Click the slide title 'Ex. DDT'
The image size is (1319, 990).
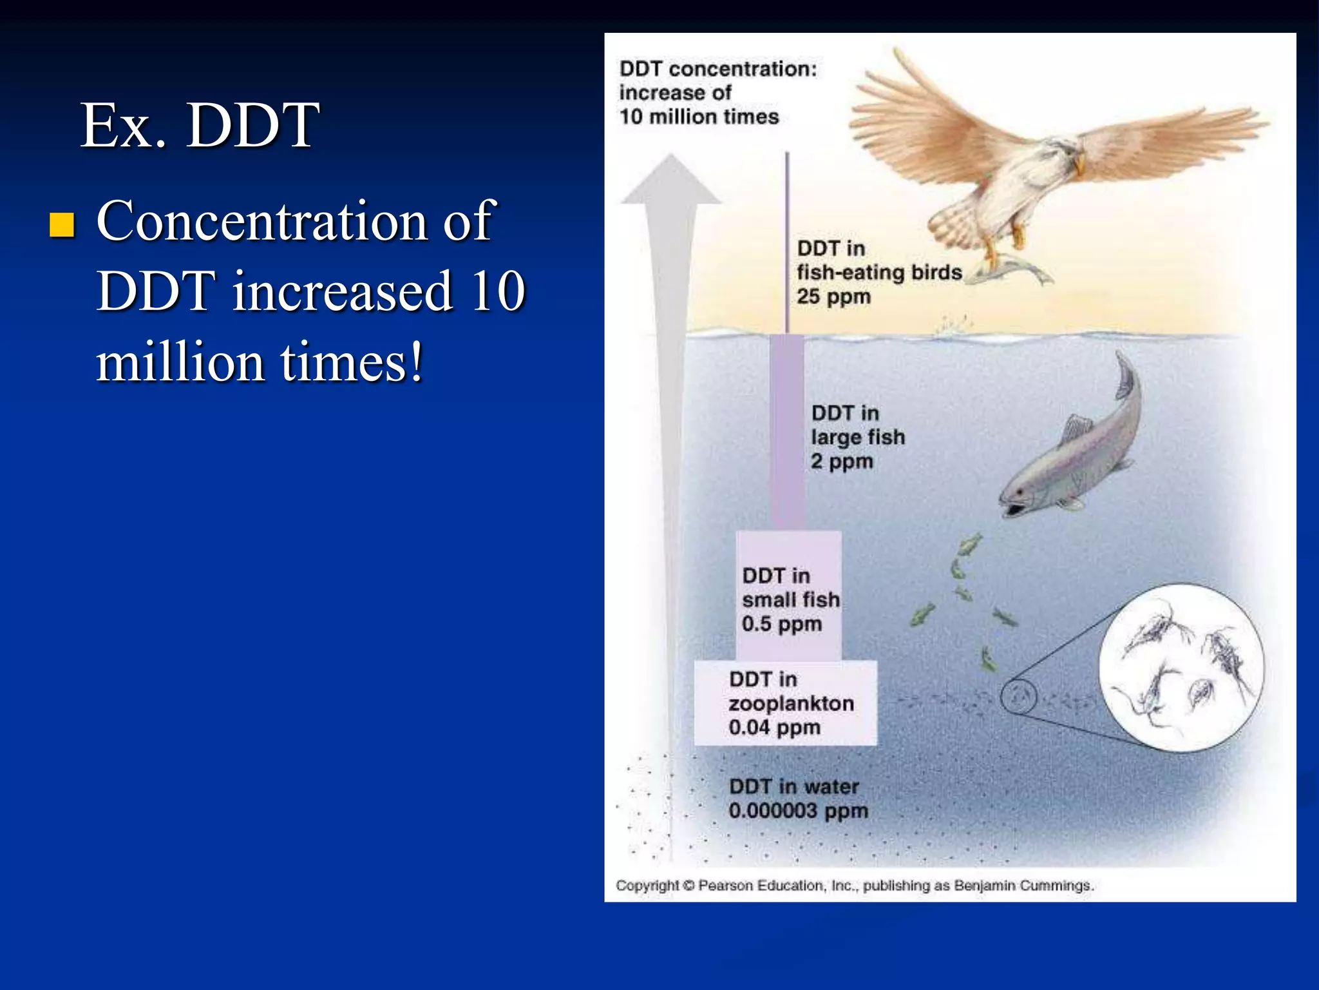(x=200, y=126)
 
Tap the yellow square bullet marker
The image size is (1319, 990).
(x=62, y=225)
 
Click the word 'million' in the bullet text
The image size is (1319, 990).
(x=179, y=362)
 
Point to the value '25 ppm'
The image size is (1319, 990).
(x=833, y=297)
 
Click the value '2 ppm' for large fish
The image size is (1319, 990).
(x=841, y=461)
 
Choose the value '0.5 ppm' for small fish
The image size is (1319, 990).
(x=781, y=624)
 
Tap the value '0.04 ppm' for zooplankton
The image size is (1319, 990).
(x=774, y=728)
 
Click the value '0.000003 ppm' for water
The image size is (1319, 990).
(x=798, y=811)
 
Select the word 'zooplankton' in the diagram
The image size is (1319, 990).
(x=791, y=703)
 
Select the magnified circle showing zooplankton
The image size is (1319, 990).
(x=1181, y=668)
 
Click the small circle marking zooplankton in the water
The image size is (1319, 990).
(x=1018, y=697)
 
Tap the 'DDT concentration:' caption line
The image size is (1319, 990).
(x=717, y=69)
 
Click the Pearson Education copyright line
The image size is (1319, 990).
(x=854, y=886)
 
